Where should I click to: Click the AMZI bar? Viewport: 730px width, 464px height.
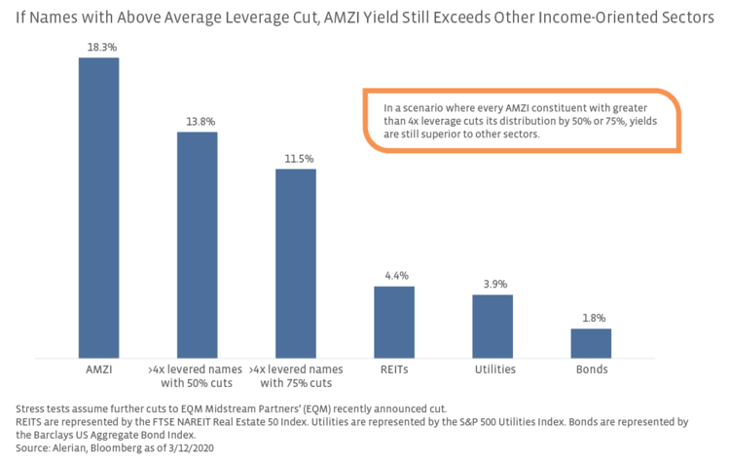click(x=98, y=207)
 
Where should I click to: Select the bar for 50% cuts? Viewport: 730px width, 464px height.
click(x=197, y=244)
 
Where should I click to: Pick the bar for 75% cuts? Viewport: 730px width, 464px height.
click(x=295, y=262)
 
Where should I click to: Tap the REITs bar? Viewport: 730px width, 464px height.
click(x=394, y=321)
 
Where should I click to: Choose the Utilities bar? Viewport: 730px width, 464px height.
click(x=493, y=325)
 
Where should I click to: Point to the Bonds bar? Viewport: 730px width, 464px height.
click(x=591, y=342)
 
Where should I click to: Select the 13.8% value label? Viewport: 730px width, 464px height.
click(x=197, y=121)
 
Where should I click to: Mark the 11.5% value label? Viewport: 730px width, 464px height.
click(x=295, y=158)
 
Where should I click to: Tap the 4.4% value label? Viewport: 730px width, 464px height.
click(x=394, y=275)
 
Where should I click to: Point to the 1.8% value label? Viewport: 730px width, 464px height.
click(x=591, y=318)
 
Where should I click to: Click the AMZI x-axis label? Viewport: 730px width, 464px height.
click(x=98, y=370)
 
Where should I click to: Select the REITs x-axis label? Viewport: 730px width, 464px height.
click(x=394, y=370)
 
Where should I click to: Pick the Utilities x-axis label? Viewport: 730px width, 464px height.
click(x=493, y=370)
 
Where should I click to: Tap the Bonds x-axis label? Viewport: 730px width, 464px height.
click(x=591, y=370)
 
